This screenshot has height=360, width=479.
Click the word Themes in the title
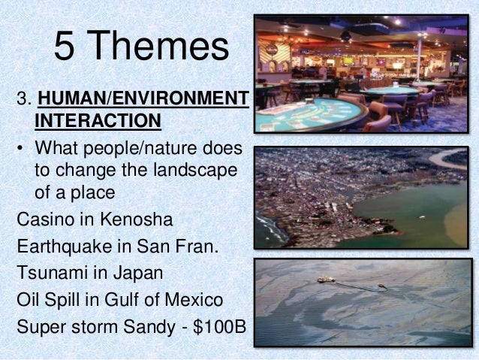162,46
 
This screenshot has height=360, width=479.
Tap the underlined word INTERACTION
98,121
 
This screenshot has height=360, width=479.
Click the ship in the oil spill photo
325,280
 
